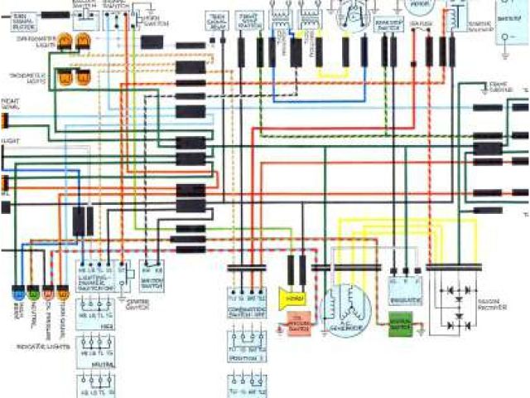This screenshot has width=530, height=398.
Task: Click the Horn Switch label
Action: coord(152,21)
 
